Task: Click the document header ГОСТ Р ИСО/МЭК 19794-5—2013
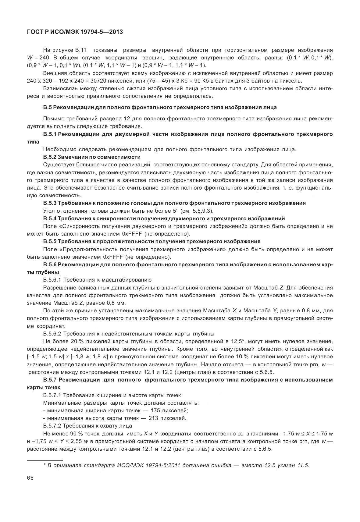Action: coord(75,31)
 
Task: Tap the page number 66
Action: coord(30,478)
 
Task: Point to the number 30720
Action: coord(116,81)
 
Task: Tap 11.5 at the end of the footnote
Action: coord(304,465)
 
